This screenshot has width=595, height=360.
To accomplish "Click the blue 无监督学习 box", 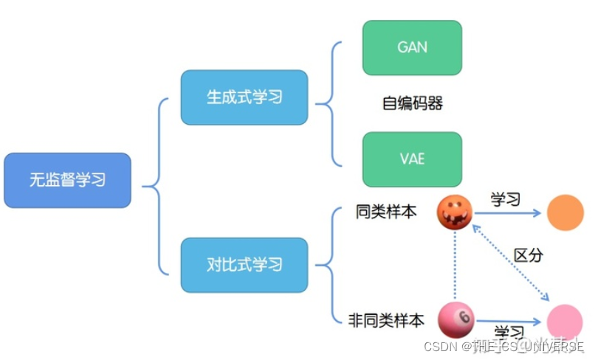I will pyautogui.click(x=67, y=180).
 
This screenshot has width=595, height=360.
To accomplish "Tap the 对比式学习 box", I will pyautogui.click(x=244, y=264).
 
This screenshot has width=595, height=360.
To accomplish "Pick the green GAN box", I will pyautogui.click(x=412, y=47).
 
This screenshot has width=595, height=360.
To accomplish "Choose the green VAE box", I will pyautogui.click(x=412, y=159).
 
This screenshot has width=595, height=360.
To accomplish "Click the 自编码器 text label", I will pyautogui.click(x=412, y=103).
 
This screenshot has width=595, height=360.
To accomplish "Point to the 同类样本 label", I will pyautogui.click(x=385, y=212).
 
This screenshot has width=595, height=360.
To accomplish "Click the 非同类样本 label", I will pyautogui.click(x=386, y=321).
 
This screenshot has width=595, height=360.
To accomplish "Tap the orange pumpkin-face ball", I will pyautogui.click(x=455, y=212).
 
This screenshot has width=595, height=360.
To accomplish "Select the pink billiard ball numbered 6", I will pyautogui.click(x=455, y=319).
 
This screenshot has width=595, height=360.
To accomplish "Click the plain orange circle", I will pyautogui.click(x=565, y=212).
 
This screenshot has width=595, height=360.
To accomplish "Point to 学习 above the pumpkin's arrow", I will pyautogui.click(x=506, y=199).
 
